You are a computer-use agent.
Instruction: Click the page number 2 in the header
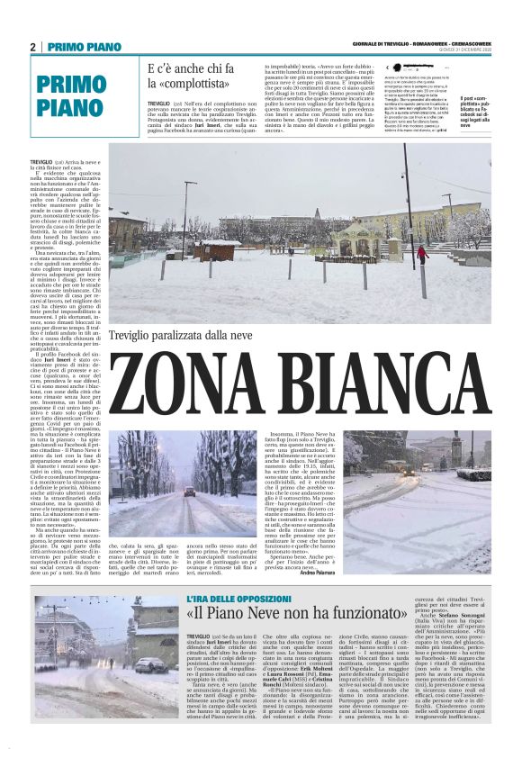[x=32, y=47]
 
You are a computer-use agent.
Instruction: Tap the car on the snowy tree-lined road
[x=189, y=492]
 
